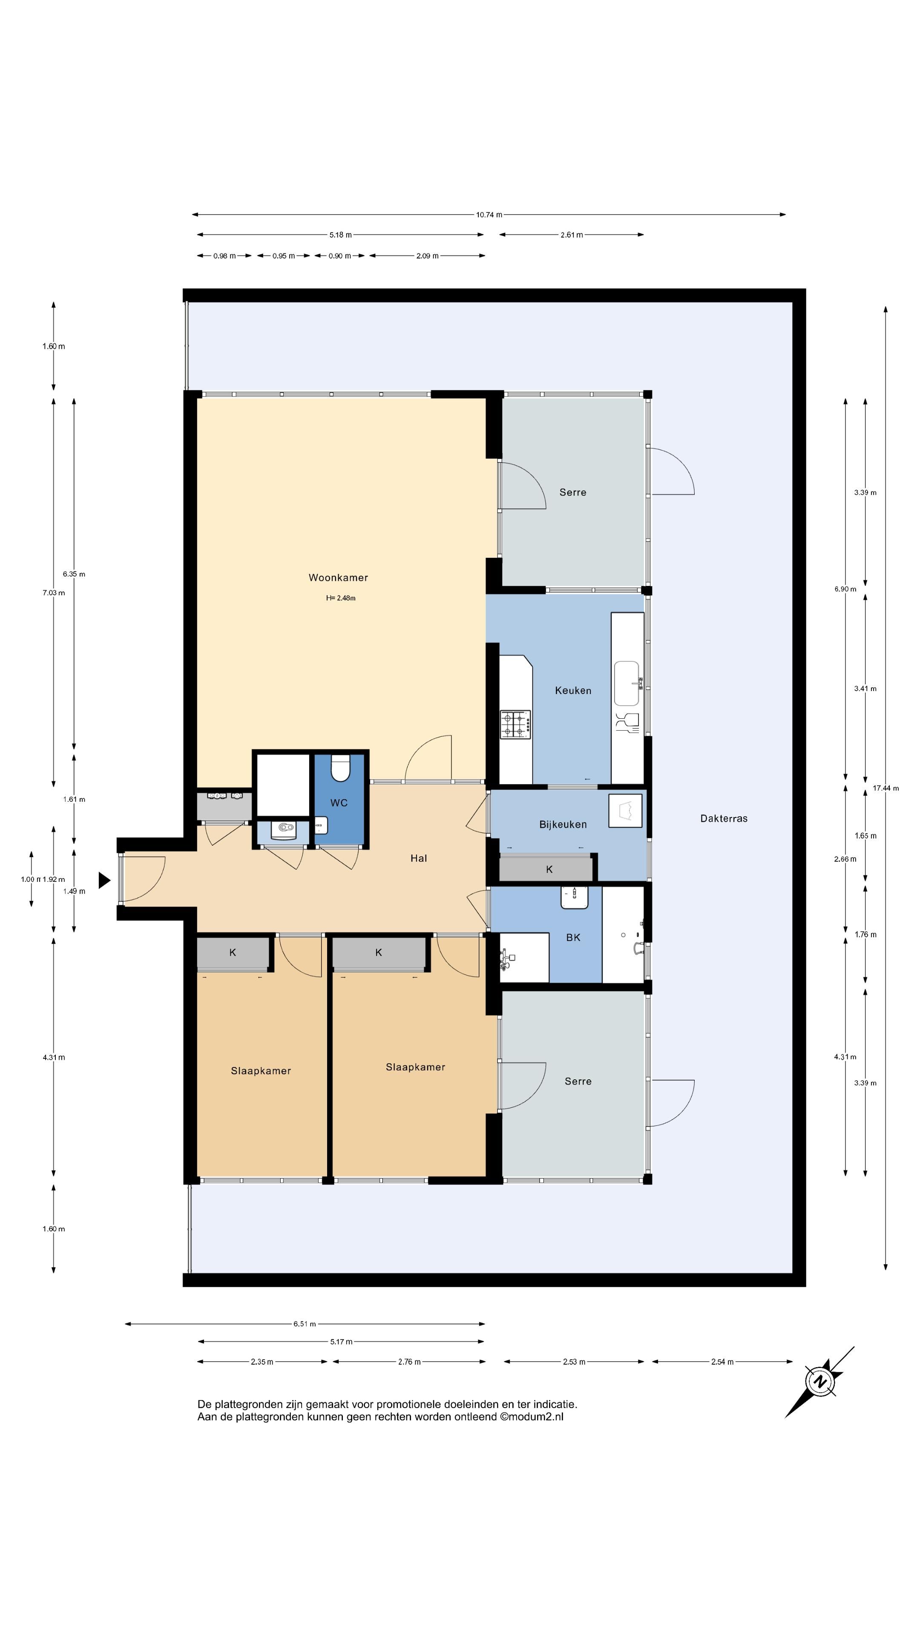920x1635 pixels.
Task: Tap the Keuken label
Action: pyautogui.click(x=573, y=691)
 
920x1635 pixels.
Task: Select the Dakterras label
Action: pyautogui.click(x=724, y=819)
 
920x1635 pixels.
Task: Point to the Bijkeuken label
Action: pyautogui.click(x=563, y=824)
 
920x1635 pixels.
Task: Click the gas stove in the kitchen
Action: pyautogui.click(x=515, y=724)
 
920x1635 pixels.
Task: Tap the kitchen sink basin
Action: pyautogui.click(x=627, y=683)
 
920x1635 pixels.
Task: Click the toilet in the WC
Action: pyautogui.click(x=341, y=768)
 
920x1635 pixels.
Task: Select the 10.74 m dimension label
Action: pyautogui.click(x=489, y=215)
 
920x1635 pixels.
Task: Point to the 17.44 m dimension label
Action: pyautogui.click(x=886, y=788)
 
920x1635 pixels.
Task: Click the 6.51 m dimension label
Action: pyautogui.click(x=305, y=1324)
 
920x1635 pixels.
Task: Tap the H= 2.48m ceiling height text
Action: pyautogui.click(x=341, y=598)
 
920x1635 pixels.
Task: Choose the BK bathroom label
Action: pyautogui.click(x=573, y=938)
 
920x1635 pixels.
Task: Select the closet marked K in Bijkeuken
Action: pyautogui.click(x=546, y=869)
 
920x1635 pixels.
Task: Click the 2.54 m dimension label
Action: pyautogui.click(x=722, y=1362)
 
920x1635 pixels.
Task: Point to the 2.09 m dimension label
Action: pyautogui.click(x=427, y=256)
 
